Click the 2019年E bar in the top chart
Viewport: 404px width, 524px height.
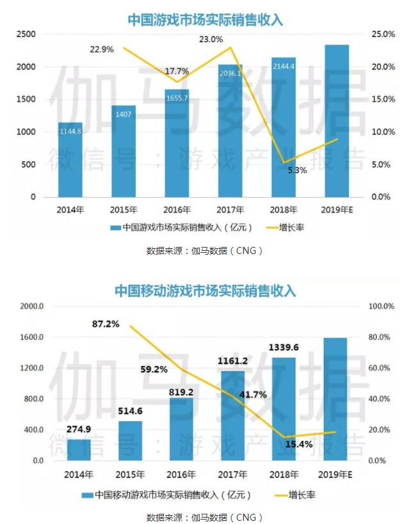(337, 122)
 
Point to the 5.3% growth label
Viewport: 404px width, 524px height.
(297, 170)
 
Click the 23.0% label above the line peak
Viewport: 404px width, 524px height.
(211, 40)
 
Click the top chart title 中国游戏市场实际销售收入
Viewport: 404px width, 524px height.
(205, 20)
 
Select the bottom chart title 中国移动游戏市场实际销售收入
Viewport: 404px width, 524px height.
(205, 291)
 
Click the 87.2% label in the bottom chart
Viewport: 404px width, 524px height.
(106, 324)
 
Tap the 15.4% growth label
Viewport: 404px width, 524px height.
(298, 443)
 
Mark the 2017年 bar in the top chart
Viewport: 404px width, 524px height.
(230, 131)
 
